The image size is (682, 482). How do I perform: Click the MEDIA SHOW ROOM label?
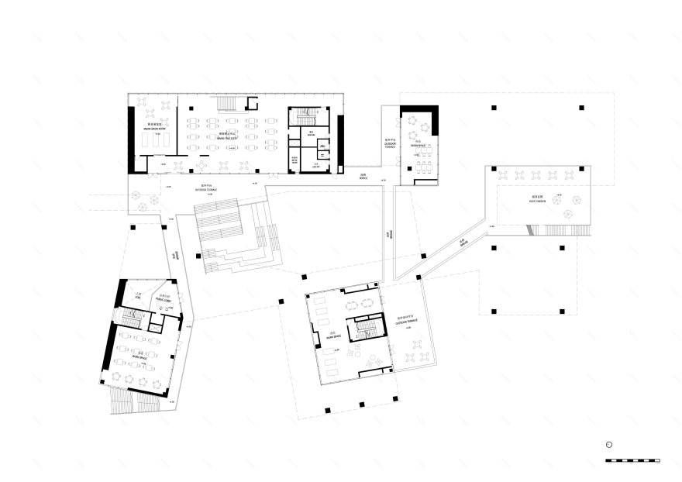154,129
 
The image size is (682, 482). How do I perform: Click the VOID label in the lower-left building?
139,298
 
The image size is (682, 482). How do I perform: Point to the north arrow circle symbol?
610,445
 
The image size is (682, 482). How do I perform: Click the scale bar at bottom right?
632,461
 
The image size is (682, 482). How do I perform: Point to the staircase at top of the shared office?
226,105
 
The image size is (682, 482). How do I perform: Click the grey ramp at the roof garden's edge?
530,229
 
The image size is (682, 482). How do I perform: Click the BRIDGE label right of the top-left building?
361,178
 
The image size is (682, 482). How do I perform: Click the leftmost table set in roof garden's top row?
502,175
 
